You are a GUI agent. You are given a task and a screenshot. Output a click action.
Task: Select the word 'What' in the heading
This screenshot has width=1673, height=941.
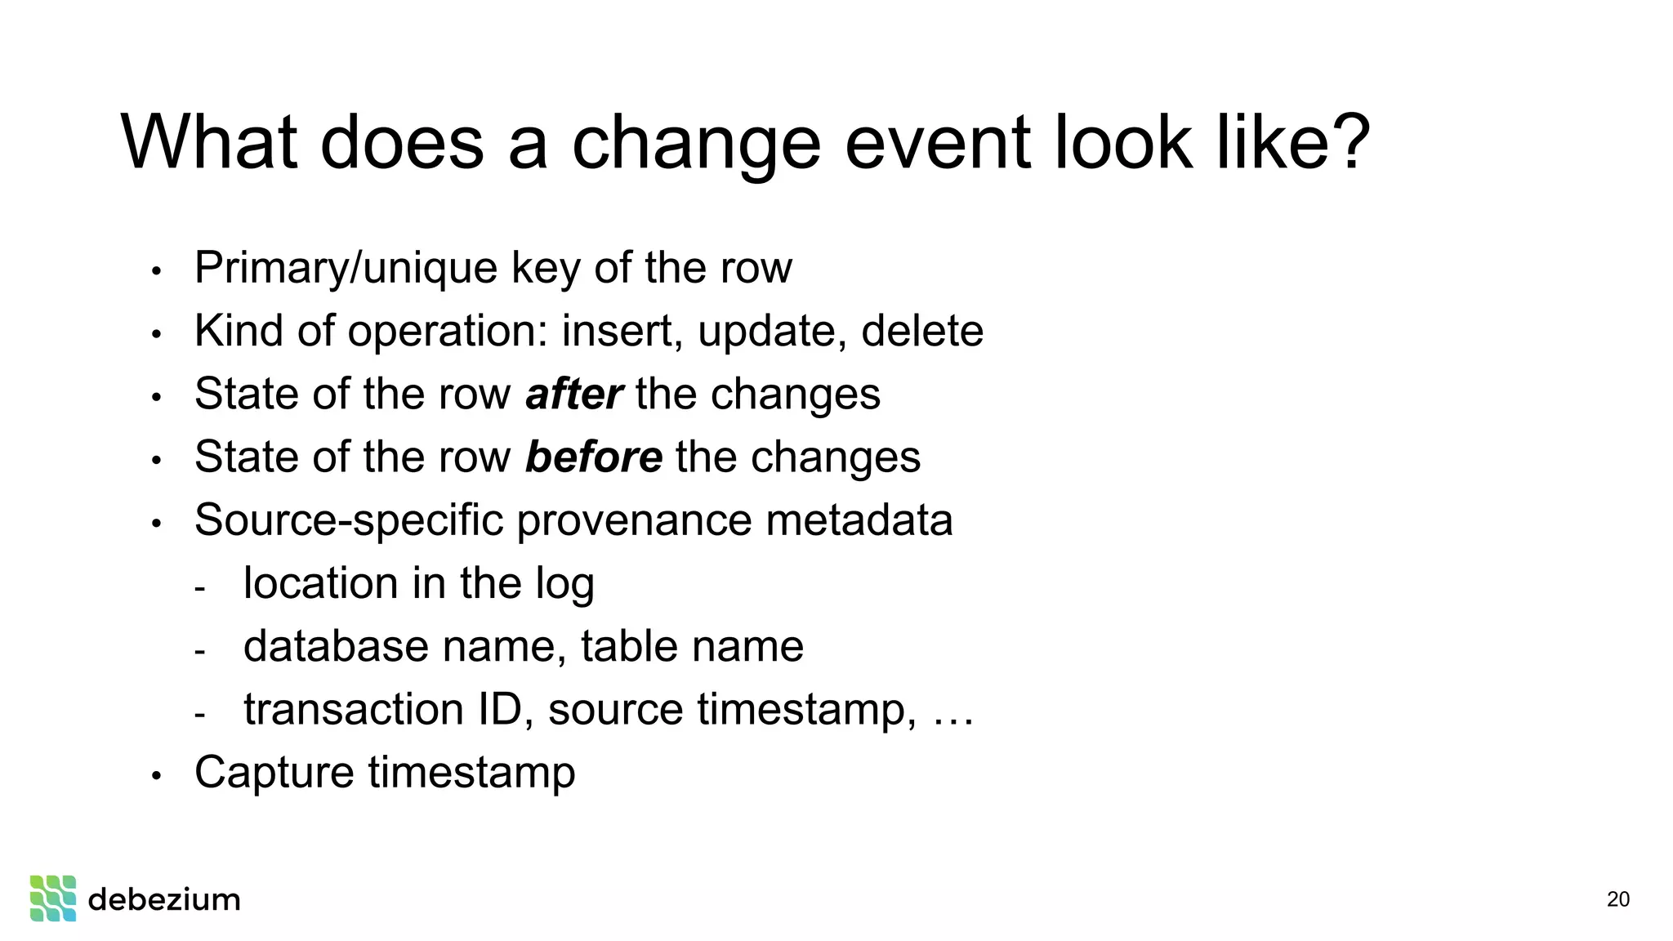tap(208, 142)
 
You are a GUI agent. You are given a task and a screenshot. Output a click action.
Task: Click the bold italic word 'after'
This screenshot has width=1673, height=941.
tap(573, 394)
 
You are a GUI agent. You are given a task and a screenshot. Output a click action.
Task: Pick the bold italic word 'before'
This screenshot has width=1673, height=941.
tap(593, 457)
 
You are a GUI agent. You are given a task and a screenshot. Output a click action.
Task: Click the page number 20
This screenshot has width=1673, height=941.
tap(1617, 899)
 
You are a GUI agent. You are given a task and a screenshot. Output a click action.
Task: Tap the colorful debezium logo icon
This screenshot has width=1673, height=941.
tap(53, 899)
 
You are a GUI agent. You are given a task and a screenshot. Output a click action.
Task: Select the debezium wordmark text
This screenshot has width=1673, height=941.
tap(164, 899)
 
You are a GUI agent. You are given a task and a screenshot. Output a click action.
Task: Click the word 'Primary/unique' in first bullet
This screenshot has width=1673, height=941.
tap(346, 268)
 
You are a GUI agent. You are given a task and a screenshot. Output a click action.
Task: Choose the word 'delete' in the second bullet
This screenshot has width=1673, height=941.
tap(921, 331)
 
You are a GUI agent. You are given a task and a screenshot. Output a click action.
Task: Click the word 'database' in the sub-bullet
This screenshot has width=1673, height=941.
tap(336, 646)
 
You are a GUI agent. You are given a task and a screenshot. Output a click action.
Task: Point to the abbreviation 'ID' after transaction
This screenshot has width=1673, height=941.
tap(500, 709)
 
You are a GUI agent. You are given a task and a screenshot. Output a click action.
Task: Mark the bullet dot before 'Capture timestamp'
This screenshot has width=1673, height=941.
tap(157, 774)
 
